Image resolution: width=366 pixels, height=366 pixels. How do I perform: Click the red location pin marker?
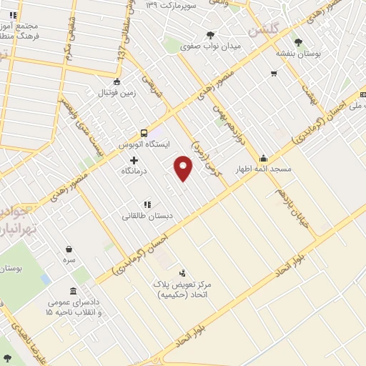(x=184, y=167)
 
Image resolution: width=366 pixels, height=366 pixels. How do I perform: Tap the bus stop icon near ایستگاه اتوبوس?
(x=144, y=132)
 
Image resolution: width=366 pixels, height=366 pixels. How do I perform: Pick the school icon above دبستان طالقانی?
(x=147, y=204)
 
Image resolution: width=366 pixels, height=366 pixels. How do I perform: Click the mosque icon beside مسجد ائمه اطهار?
(x=264, y=158)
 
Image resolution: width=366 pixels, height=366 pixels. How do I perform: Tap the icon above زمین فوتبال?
(x=117, y=81)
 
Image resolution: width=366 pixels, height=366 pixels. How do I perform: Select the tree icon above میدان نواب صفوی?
(x=211, y=34)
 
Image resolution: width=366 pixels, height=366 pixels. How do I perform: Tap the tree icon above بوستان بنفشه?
(x=298, y=41)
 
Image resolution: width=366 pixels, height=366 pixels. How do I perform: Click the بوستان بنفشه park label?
(x=299, y=53)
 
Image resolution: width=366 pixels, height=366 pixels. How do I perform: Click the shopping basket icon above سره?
(x=69, y=249)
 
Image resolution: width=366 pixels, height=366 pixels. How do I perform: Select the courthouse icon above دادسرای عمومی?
(x=74, y=291)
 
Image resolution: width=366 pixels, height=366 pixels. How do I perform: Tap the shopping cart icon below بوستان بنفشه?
(x=273, y=74)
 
